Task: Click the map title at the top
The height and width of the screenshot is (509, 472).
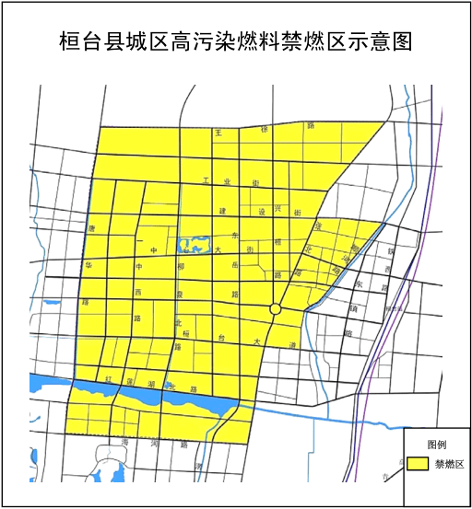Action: tap(235, 41)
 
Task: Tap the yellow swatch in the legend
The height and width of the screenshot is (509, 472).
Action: tap(419, 464)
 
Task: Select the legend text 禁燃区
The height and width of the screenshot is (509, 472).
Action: tap(450, 464)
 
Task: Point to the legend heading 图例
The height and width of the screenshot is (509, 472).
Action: tap(437, 444)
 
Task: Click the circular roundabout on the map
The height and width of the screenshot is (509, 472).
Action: tap(275, 309)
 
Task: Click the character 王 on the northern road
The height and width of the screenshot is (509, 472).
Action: tap(218, 133)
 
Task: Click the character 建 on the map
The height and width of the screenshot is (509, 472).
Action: tap(222, 211)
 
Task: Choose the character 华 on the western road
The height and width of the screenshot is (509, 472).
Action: tap(89, 264)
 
